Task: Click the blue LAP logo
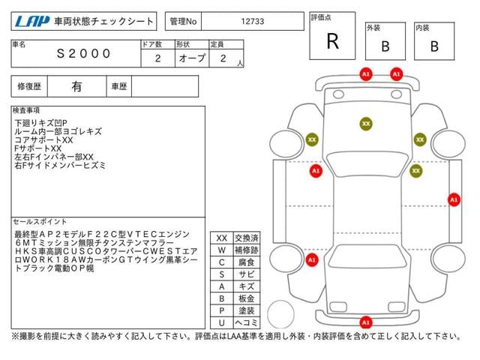[x=32, y=21]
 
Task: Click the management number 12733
[x=252, y=22]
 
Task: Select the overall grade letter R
[x=332, y=41]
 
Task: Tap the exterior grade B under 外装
[x=385, y=46]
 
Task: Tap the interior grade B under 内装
[x=434, y=46]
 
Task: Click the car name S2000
[x=83, y=54]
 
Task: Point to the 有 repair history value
[x=76, y=87]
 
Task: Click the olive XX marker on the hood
[x=366, y=124]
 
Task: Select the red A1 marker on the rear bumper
[x=366, y=322]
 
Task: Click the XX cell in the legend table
[x=222, y=238]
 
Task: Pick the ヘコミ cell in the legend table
[x=247, y=322]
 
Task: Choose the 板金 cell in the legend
[x=247, y=298]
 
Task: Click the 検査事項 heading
[x=26, y=110]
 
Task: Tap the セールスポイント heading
[x=40, y=221]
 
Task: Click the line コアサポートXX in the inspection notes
[x=43, y=140]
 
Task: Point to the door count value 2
[x=157, y=58]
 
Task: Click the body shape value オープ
[x=192, y=58]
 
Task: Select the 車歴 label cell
[x=119, y=87]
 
